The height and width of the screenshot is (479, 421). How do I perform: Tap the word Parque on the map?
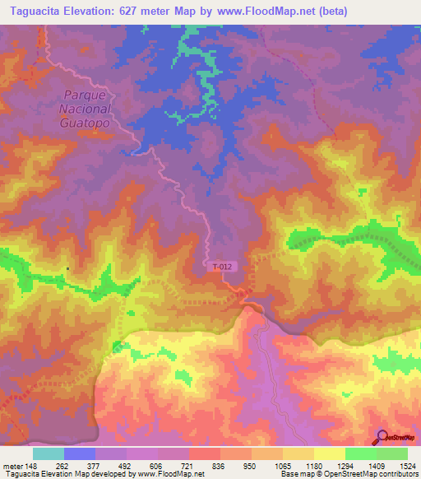pos(84,95)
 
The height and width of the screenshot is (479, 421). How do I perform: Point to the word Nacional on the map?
pos(85,108)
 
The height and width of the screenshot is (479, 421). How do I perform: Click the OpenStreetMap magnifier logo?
pos(381,438)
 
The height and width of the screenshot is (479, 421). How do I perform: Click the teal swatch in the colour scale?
pos(49,453)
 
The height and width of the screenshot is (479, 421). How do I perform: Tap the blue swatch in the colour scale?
pos(80,453)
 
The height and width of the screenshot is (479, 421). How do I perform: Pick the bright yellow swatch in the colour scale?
pos(329,453)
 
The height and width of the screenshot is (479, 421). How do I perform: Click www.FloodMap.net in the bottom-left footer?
pos(172,473)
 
